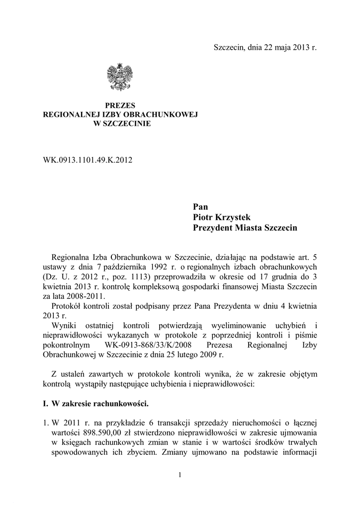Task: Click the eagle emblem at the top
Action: [x=120, y=77]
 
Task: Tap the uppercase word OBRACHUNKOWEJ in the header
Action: [x=161, y=114]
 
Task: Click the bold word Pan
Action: [x=200, y=207]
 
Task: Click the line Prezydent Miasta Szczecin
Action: [x=245, y=228]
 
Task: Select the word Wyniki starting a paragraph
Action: [x=64, y=326]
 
